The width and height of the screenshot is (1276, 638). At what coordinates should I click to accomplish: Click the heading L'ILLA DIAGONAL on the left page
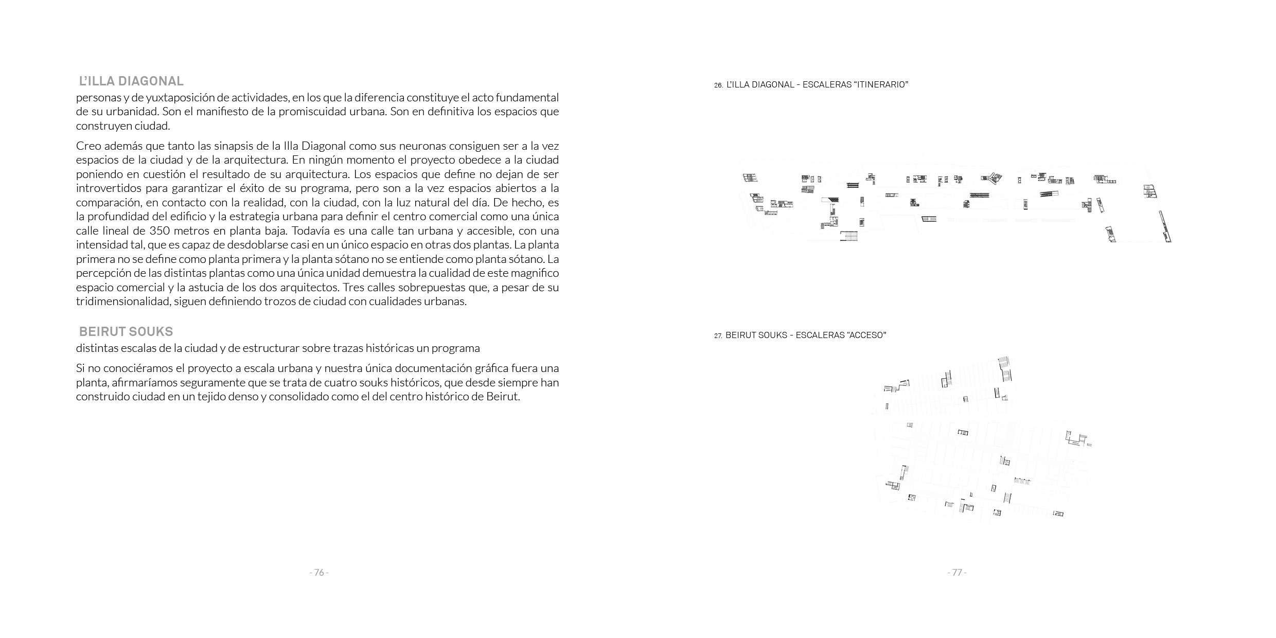131,81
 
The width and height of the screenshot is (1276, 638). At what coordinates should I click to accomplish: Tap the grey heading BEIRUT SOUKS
126,332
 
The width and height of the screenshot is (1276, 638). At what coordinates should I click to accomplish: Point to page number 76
319,573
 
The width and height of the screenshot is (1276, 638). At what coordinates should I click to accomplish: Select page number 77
957,573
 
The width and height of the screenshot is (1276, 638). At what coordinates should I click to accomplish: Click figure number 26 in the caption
718,85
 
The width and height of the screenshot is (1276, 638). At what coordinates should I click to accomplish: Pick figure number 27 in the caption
718,336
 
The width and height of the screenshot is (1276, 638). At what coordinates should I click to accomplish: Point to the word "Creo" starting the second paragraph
88,146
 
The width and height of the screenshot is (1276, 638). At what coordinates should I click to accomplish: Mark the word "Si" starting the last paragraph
80,369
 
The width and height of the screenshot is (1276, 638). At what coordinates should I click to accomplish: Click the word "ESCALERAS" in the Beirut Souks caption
819,335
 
